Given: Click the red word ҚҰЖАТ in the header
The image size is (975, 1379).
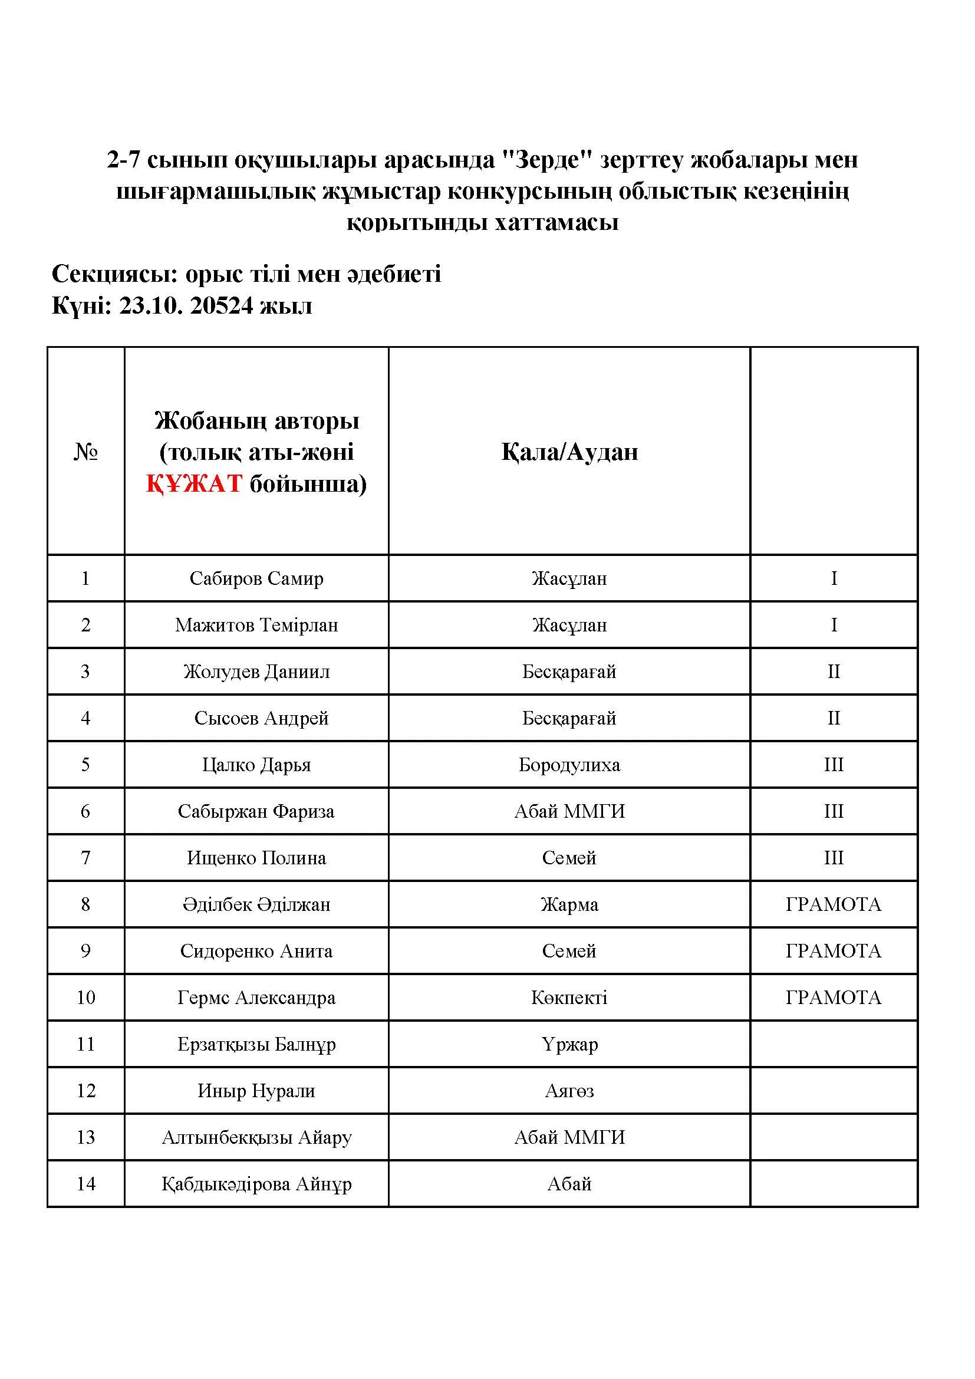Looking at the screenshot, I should [x=194, y=483].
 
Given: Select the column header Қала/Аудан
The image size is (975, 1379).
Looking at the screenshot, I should [x=569, y=452].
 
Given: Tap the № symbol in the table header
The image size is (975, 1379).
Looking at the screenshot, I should [x=85, y=452].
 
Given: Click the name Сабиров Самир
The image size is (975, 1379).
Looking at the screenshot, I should [x=256, y=578].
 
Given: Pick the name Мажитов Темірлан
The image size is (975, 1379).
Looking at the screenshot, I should [x=256, y=625].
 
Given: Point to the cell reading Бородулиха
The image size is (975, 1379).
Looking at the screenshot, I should [x=569, y=765].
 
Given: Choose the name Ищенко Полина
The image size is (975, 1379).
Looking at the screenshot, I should [x=256, y=858].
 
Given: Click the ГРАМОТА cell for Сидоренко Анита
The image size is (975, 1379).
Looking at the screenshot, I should [x=834, y=951].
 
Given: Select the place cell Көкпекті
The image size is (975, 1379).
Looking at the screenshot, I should [x=569, y=998].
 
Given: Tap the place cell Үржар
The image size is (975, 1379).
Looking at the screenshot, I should [x=569, y=1045].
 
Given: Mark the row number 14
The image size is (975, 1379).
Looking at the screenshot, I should [x=86, y=1184].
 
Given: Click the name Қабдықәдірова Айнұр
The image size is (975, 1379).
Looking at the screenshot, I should [x=256, y=1184].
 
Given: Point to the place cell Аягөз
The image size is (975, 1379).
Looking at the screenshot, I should [x=569, y=1091].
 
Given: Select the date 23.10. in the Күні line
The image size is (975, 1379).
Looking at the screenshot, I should [x=150, y=306].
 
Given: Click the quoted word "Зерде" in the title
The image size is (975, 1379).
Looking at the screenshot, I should [x=547, y=160].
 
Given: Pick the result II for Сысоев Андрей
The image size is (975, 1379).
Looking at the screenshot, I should [x=834, y=718].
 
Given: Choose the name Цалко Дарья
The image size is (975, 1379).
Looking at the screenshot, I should [x=256, y=765].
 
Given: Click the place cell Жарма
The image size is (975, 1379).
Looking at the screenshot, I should [x=569, y=904].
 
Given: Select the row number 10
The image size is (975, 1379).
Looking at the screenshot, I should [x=86, y=998].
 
